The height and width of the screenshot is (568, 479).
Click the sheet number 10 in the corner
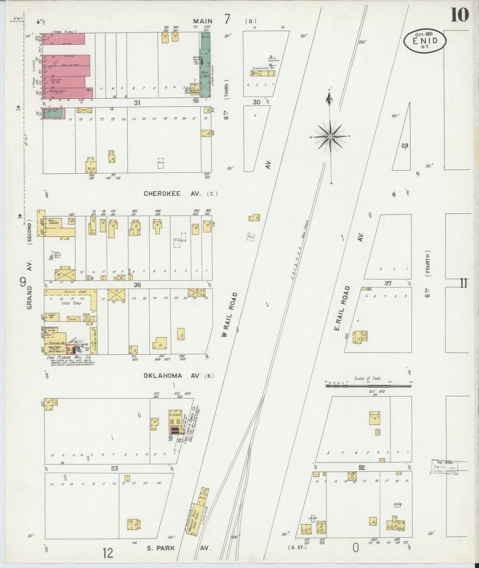tap(459, 15)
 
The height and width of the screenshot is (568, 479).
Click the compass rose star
tap(330, 136)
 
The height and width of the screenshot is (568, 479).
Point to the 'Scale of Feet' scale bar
tap(368, 385)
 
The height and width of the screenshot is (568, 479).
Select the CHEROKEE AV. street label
tap(162, 194)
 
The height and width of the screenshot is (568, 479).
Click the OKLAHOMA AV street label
tap(163, 376)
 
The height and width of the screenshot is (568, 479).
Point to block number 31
tap(137, 103)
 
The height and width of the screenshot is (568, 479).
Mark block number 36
tap(137, 285)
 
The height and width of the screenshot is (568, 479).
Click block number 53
tap(114, 469)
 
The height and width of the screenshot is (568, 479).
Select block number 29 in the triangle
tap(404, 145)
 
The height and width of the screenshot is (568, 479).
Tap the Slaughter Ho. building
tap(263, 73)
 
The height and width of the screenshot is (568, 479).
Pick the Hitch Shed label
tap(76, 292)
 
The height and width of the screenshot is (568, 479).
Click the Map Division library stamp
tap(445, 467)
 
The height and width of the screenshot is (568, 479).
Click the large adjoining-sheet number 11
tap(463, 284)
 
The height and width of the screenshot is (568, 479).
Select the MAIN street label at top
tap(203, 21)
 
